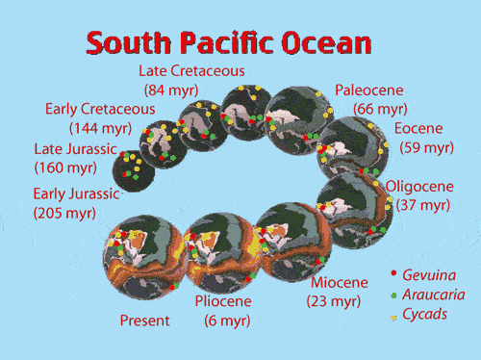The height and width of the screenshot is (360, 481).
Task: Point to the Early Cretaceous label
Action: (x=100, y=108)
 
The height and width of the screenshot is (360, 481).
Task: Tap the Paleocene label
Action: (x=368, y=90)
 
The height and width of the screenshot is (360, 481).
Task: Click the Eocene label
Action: (x=418, y=129)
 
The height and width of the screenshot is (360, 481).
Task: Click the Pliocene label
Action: (x=223, y=301)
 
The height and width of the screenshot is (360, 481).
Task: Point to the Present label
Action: (x=144, y=321)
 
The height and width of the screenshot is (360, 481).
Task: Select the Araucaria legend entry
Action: (x=433, y=295)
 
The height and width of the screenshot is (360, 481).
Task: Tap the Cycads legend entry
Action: (x=425, y=314)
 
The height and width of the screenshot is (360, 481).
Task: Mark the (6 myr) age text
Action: (x=227, y=321)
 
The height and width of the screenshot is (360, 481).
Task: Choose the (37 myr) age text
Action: (x=423, y=205)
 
